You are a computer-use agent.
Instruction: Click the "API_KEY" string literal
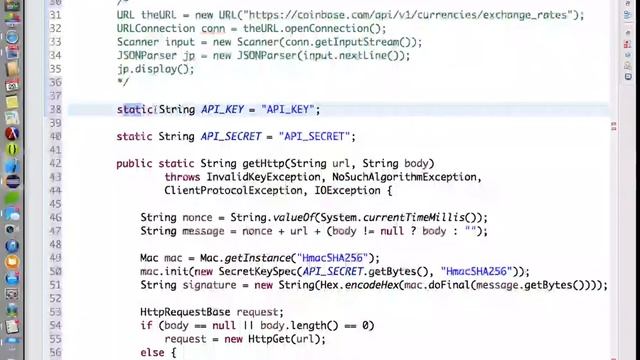coord(290,110)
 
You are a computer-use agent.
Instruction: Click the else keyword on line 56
coord(152,352)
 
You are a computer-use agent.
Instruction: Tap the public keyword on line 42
coord(135,163)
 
